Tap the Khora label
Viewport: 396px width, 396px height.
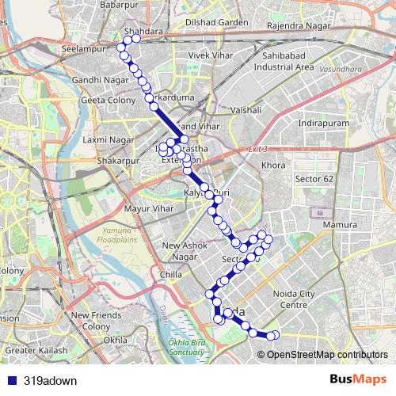point(273,166)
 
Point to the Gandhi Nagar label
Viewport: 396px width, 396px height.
point(95,80)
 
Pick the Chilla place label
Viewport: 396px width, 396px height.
point(170,275)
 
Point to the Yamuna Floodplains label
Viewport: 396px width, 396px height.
point(121,234)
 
